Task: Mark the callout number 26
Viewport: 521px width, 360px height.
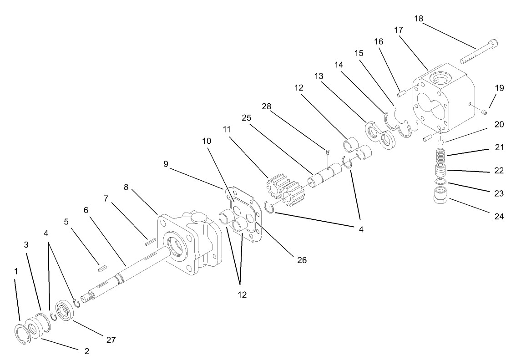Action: pyautogui.click(x=301, y=260)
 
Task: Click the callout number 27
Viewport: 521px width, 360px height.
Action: pyautogui.click(x=111, y=340)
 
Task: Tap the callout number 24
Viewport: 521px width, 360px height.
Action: pyautogui.click(x=499, y=216)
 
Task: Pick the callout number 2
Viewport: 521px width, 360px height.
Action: pyautogui.click(x=86, y=351)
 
